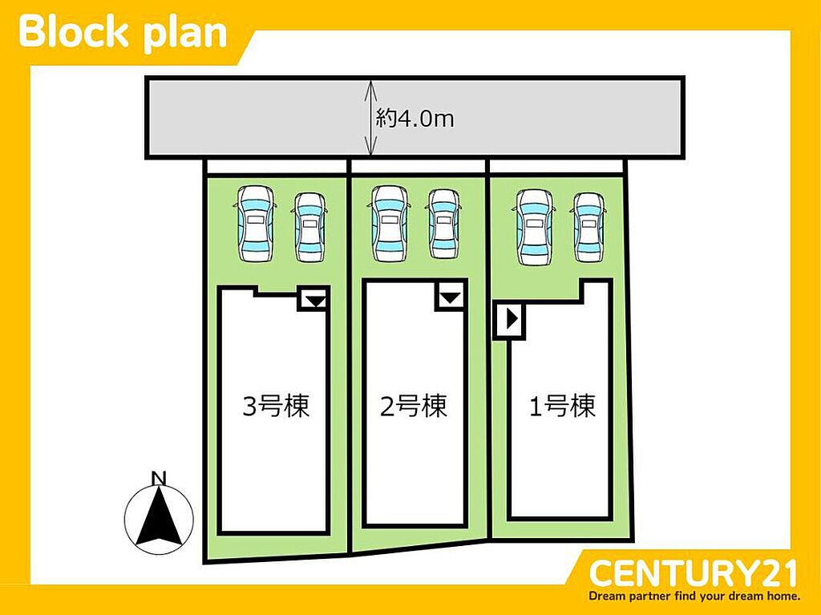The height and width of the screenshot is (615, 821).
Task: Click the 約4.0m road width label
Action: [415, 119]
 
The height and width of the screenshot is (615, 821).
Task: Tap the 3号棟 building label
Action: [276, 406]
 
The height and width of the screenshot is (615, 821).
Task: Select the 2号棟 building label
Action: [414, 406]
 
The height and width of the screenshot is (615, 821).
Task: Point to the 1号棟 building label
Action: [562, 406]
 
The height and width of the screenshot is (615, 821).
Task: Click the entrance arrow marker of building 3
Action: [316, 301]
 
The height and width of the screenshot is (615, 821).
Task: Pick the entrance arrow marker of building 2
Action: [450, 298]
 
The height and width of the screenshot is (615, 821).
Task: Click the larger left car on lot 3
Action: [256, 223]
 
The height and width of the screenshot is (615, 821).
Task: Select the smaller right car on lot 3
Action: [309, 227]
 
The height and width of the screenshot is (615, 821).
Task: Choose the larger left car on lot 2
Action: [390, 223]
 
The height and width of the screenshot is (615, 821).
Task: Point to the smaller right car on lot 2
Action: [444, 224]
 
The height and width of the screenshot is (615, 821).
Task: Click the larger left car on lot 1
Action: [534, 227]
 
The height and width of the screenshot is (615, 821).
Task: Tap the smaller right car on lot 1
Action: [589, 227]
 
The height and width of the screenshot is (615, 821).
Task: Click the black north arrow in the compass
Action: [159, 516]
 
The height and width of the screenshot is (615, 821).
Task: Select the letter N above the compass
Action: [159, 478]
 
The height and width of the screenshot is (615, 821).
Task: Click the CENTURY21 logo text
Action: [692, 573]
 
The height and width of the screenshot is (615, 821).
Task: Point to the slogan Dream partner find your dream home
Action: [694, 596]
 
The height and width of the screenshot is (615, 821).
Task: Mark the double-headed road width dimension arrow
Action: [370, 118]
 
